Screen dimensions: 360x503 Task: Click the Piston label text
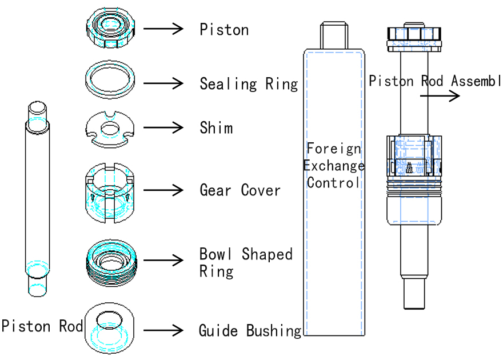tap(224, 29)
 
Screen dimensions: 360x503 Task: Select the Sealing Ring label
tap(249, 84)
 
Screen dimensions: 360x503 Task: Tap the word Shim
tap(216, 127)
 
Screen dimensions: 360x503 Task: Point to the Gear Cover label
tap(240, 190)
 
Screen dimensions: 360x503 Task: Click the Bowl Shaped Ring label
tap(245, 262)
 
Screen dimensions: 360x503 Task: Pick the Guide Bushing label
tap(250, 330)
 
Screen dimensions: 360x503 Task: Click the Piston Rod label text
tap(42, 326)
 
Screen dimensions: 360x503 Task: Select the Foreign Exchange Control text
tap(334, 166)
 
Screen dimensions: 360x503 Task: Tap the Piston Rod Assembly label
tap(434, 81)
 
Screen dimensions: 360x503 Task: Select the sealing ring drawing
tap(111, 78)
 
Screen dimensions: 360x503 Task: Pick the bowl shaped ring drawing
tap(111, 261)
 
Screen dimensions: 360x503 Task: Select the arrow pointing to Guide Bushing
tap(163, 330)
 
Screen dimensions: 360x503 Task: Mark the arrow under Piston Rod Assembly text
tap(440, 96)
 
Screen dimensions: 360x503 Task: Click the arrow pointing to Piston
tap(163, 29)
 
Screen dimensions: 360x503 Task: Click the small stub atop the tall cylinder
tap(334, 35)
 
